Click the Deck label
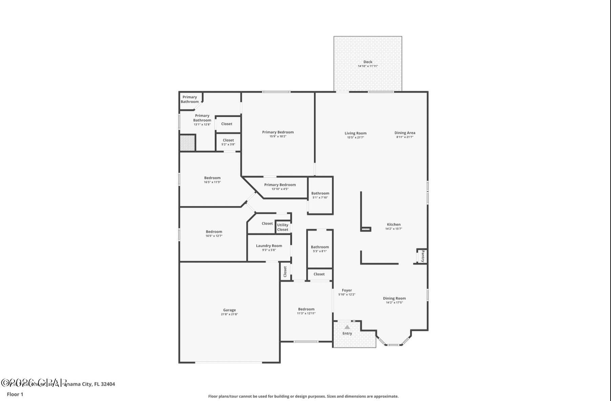[368, 62]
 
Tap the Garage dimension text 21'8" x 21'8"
[229, 314]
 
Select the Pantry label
[422, 256]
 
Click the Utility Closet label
[283, 227]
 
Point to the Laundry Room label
[269, 246]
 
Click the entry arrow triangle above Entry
[347, 327]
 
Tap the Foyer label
[347, 290]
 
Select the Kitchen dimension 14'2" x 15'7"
[394, 229]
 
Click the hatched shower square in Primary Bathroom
[188, 143]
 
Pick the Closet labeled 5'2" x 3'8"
[228, 140]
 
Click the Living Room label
[356, 133]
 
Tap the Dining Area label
[405, 133]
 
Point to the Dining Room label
[394, 298]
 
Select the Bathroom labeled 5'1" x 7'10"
[320, 193]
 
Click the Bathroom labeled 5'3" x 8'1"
[320, 247]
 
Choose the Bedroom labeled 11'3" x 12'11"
[306, 309]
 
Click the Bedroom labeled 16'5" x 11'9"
[212, 178]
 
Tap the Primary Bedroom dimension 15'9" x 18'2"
[278, 136]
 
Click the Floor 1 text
[15, 394]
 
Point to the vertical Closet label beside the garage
[285, 271]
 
